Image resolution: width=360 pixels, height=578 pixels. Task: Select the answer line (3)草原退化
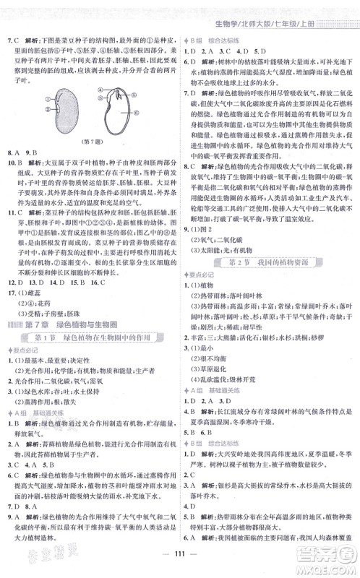click(x=214, y=383)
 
